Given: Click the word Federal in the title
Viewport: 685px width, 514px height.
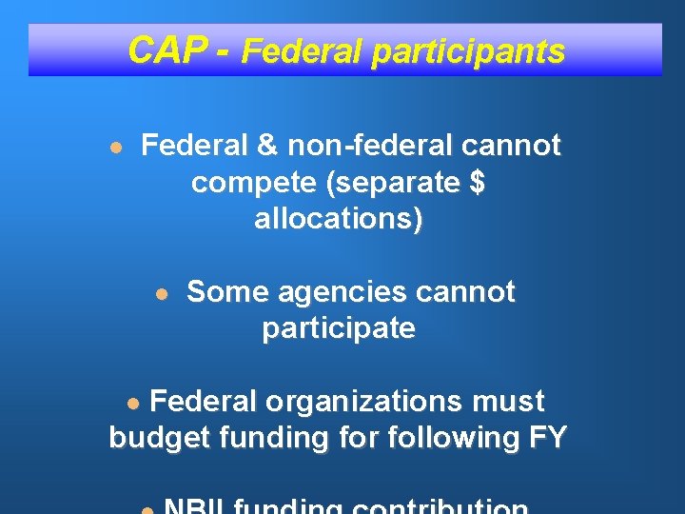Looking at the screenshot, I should [302, 50].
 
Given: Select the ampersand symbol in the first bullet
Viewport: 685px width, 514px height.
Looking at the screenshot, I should [267, 146].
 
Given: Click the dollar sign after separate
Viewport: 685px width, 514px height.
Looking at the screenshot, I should [477, 183].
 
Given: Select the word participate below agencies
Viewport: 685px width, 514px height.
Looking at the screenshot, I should [339, 329].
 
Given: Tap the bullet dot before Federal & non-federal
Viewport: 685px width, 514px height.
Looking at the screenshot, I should [115, 148].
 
